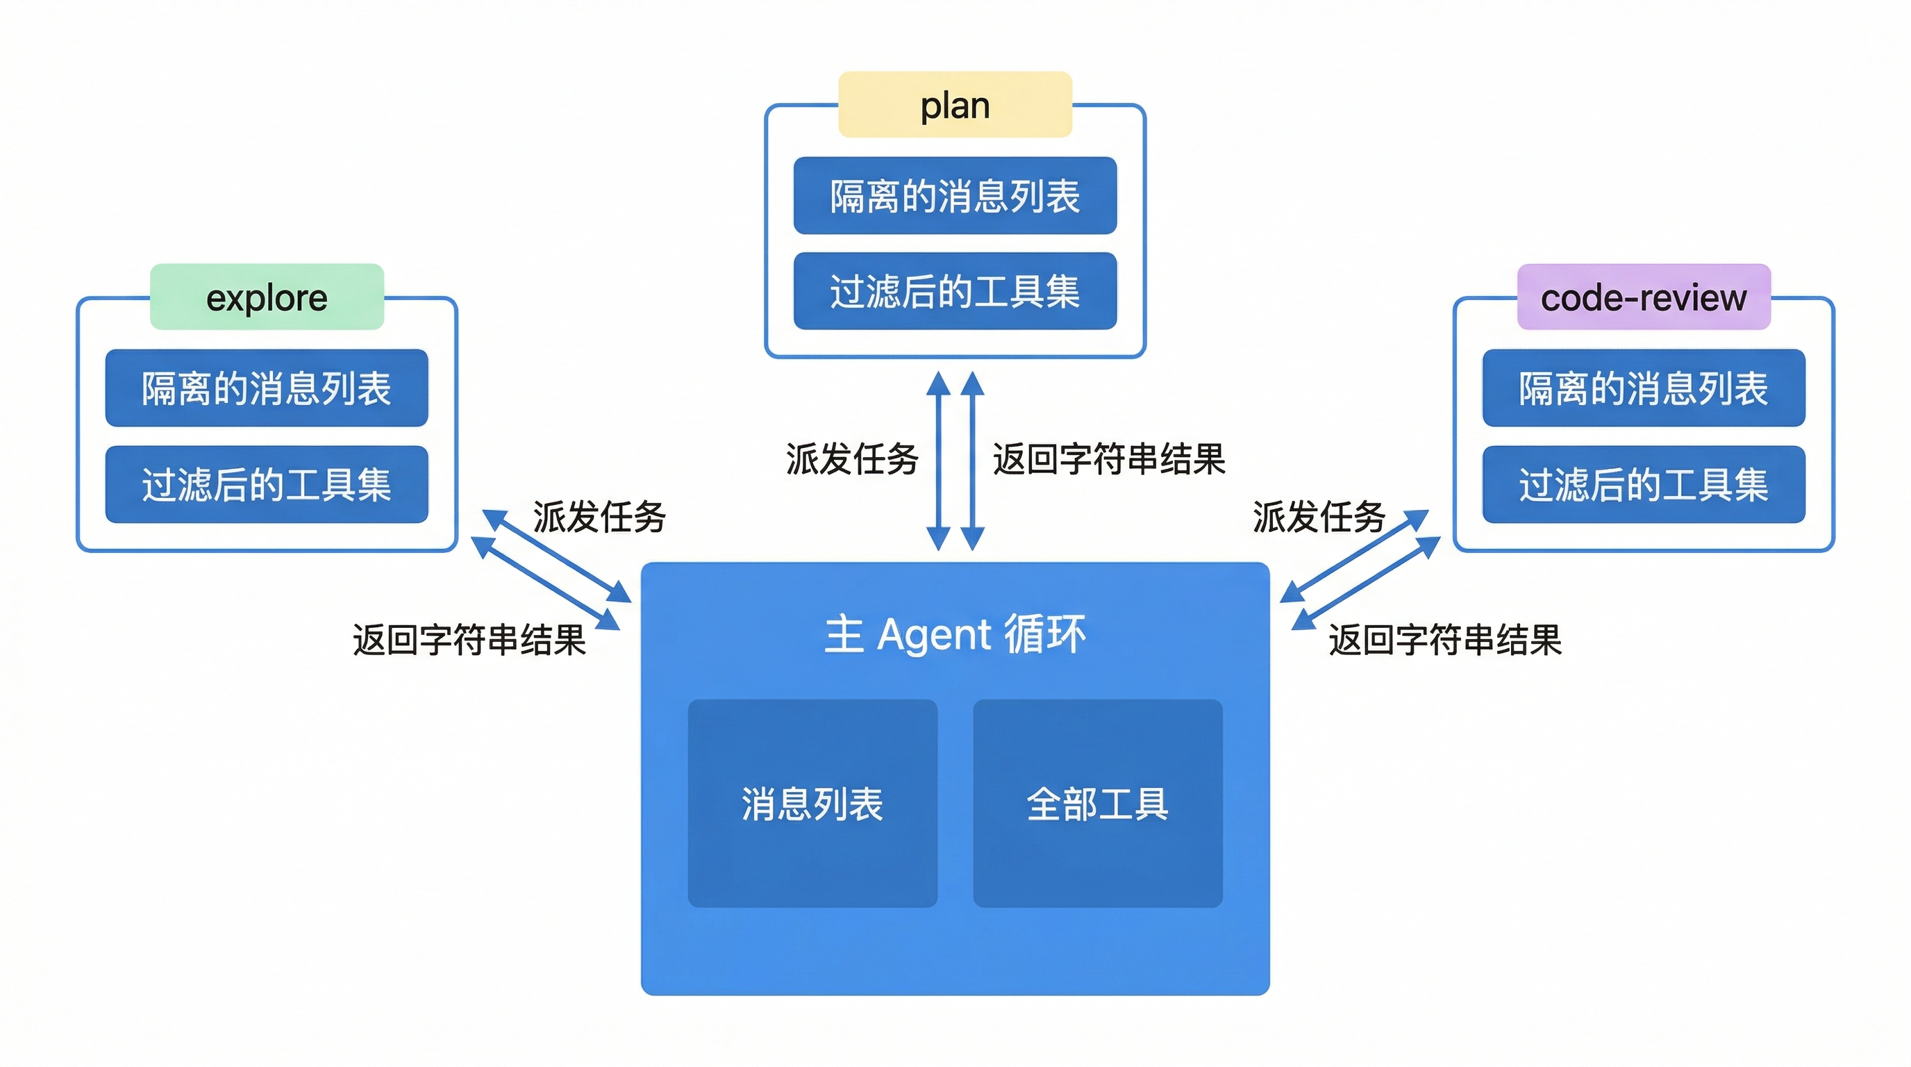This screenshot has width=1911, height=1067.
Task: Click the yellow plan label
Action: point(955,105)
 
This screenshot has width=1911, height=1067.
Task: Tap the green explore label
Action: point(267,297)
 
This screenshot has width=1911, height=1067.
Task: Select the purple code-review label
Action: point(1643,297)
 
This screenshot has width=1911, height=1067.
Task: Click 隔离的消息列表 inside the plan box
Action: point(955,196)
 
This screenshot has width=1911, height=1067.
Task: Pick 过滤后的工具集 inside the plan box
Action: point(955,291)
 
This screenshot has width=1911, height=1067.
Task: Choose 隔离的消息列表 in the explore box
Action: point(267,388)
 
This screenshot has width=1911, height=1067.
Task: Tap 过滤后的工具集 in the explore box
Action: point(267,485)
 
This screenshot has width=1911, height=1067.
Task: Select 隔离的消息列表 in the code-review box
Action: point(1643,388)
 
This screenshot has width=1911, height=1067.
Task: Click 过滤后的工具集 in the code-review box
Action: point(1643,485)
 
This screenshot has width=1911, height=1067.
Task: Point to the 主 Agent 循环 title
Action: point(955,634)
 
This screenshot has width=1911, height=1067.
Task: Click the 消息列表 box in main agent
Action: point(812,804)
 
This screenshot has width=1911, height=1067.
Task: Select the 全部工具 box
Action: point(1097,804)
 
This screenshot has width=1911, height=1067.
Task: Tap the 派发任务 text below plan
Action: point(853,458)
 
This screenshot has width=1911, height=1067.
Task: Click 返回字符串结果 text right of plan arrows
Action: point(1109,458)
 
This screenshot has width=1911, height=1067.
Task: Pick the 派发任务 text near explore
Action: point(599,516)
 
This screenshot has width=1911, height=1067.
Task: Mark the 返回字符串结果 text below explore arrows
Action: point(469,640)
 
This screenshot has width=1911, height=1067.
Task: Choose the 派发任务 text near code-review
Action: point(1319,516)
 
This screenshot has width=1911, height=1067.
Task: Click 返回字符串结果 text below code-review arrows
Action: point(1445,640)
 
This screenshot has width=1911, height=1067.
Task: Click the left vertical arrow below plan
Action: point(938,461)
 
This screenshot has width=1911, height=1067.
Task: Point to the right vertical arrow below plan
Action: point(973,461)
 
